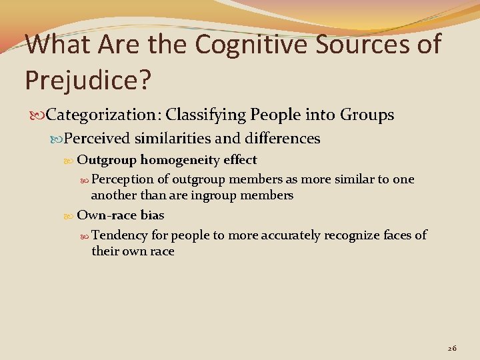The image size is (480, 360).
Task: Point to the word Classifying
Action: pyautogui.click(x=205, y=115)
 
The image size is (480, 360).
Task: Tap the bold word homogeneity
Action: pyautogui.click(x=181, y=160)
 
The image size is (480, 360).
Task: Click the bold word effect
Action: pyautogui.click(x=240, y=160)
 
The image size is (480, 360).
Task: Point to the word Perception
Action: pyautogui.click(x=122, y=179)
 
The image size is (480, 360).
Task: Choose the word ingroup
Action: pyautogui.click(x=215, y=195)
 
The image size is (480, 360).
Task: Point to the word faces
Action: pyautogui.click(x=397, y=235)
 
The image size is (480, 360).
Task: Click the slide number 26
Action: pyautogui.click(x=452, y=348)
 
